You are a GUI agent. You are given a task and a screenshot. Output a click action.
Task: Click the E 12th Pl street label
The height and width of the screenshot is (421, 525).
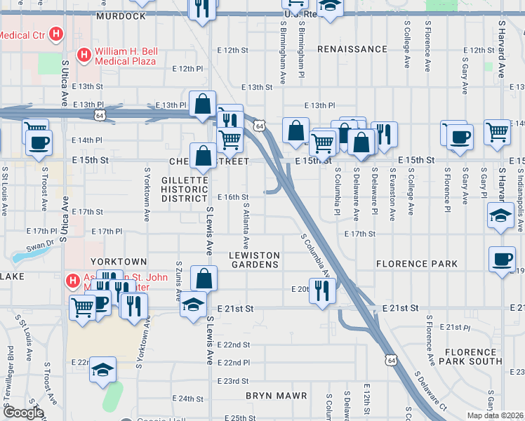187,69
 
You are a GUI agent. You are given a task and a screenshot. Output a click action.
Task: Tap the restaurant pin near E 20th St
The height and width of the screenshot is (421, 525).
322,289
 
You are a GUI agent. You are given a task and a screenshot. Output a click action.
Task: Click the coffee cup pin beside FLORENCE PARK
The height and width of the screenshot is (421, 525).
503,259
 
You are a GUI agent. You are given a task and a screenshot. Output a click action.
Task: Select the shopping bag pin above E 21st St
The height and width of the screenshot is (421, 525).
203,279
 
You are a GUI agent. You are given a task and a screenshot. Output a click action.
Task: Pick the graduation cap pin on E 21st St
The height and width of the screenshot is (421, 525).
192,305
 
